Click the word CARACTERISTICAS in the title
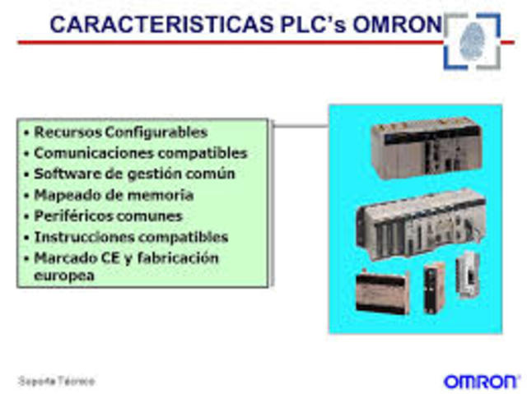157,24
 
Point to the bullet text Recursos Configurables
120,132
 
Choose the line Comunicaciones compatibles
140,153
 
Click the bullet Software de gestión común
134,174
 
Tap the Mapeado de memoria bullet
114,196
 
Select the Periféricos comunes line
108,216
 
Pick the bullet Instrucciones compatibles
131,238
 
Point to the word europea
64,276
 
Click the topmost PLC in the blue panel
424,146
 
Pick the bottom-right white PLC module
466,285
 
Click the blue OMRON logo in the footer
481,381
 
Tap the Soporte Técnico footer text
57,382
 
